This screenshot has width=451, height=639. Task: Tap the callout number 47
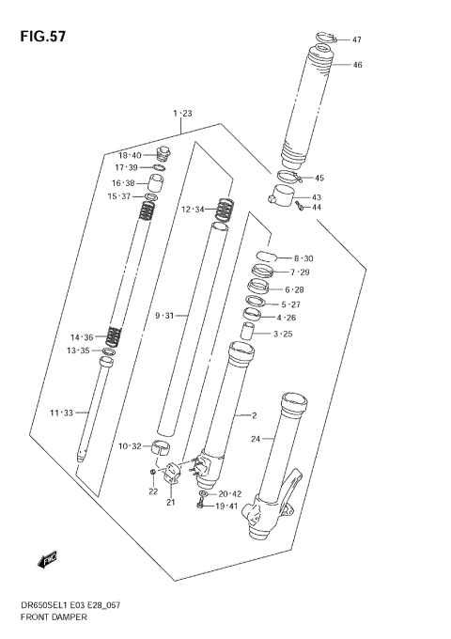coord(357,40)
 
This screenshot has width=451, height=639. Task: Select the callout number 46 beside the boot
coord(357,65)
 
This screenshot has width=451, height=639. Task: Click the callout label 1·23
coord(181,114)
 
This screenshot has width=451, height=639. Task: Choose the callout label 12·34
coord(193,209)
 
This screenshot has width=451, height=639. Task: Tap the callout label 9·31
coord(166,316)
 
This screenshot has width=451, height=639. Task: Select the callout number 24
coord(255,438)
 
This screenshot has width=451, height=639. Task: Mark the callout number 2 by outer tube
coord(253,415)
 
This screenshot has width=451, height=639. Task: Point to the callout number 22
coord(153,491)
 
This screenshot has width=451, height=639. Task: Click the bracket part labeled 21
coord(172,476)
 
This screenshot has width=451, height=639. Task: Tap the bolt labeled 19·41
coord(200,507)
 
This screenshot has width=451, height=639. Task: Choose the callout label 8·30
coord(303,258)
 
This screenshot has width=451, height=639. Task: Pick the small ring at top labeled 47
coord(322,38)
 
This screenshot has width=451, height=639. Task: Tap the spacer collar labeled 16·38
coord(161,181)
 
